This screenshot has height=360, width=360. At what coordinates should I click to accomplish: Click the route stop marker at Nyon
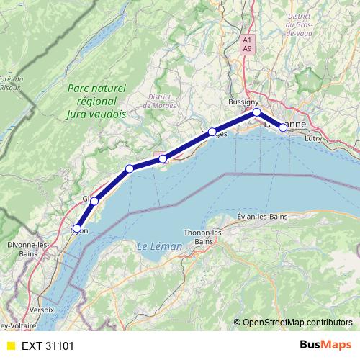click(77, 228)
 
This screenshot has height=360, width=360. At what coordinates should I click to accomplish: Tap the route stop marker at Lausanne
click(283, 127)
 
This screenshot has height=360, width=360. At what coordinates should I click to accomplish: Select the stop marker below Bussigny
click(256, 112)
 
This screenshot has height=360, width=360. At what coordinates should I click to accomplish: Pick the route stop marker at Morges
click(212, 132)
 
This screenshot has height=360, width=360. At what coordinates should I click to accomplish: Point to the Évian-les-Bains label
click(262, 217)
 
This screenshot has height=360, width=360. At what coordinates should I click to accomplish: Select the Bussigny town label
click(243, 102)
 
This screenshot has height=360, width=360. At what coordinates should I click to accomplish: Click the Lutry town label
click(314, 137)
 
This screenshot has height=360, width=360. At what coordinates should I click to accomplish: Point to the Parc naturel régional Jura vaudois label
click(96, 101)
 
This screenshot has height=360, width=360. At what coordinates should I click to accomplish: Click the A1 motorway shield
click(247, 40)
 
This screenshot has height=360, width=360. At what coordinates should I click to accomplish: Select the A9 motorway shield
click(247, 49)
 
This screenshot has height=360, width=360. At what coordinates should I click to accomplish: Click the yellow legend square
click(10, 346)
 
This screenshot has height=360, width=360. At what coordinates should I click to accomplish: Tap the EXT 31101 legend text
click(48, 346)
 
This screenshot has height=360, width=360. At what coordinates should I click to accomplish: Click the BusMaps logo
click(324, 345)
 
